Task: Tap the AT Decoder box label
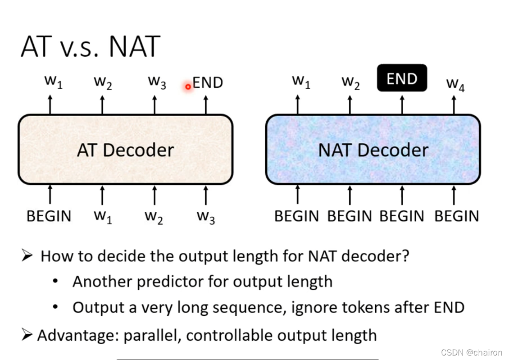coord(125,150)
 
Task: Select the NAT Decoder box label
coord(373,150)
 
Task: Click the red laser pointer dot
coord(188,86)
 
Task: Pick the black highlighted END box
coord(402,78)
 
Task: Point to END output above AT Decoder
coord(207,82)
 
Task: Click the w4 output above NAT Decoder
coord(455,84)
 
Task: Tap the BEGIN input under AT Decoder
coord(49,216)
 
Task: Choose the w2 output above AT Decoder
coord(103,82)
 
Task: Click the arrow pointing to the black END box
coord(402,104)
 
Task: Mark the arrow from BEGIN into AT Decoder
coord(50,195)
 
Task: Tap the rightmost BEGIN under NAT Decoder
coord(456,216)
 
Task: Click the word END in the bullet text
coord(449,307)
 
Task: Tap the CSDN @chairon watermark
coord(472,352)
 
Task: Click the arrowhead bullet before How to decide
coord(27,256)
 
